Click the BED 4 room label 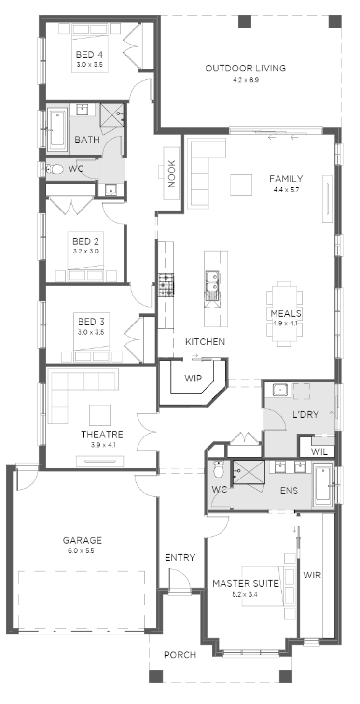point(89,55)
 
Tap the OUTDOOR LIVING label point(246,68)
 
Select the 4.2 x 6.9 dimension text point(246,80)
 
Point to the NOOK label point(171,174)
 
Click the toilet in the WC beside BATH point(55,169)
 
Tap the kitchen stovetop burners point(166,285)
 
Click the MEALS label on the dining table point(286,313)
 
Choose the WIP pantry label point(193,378)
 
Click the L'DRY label point(305,415)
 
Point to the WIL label point(319,452)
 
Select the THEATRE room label point(102,435)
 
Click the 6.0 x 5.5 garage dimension point(81,550)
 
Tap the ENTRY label point(180,558)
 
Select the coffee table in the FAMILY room point(241,185)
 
